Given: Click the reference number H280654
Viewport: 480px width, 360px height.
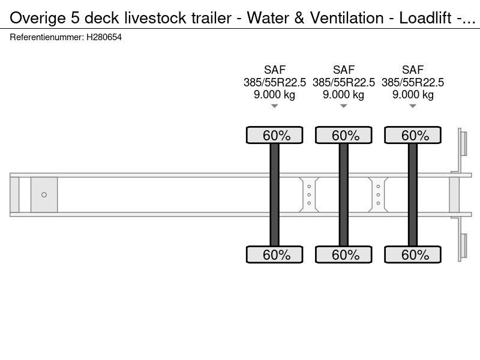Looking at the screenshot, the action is click(x=104, y=37).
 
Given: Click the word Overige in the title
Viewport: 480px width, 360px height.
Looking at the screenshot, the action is click(x=38, y=18).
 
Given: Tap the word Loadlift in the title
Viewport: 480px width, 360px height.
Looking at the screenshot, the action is click(x=425, y=18).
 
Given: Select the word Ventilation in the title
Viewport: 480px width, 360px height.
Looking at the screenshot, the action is click(x=347, y=18).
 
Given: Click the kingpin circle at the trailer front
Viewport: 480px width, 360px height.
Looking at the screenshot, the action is click(x=44, y=194).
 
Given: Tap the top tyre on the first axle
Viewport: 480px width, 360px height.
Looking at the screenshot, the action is click(x=275, y=135).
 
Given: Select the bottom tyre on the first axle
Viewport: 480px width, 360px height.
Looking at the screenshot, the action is click(x=275, y=254).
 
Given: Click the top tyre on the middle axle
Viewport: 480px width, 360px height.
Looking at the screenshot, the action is click(x=344, y=135).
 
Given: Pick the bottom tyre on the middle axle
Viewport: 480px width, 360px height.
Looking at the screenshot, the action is click(x=344, y=254).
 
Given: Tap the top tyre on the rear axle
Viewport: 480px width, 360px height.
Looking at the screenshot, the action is click(x=413, y=135).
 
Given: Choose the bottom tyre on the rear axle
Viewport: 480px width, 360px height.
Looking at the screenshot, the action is click(x=413, y=254).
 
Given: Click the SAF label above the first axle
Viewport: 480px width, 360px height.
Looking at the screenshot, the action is click(x=275, y=70).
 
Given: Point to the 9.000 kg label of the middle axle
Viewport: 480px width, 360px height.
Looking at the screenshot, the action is click(x=343, y=95).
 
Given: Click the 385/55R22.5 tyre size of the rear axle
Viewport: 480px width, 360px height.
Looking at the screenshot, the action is click(x=413, y=82).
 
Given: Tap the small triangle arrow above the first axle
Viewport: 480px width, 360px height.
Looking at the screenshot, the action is click(x=275, y=106).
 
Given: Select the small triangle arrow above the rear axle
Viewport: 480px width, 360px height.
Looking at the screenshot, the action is click(x=413, y=106).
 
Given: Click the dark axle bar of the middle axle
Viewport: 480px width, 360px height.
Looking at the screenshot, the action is click(x=344, y=194).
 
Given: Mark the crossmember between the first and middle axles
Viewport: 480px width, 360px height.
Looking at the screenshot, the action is click(x=309, y=194).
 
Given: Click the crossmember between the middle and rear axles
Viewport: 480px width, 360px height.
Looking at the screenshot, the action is click(x=378, y=194).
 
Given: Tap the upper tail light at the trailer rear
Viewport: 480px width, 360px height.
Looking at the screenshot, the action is click(x=463, y=143).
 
